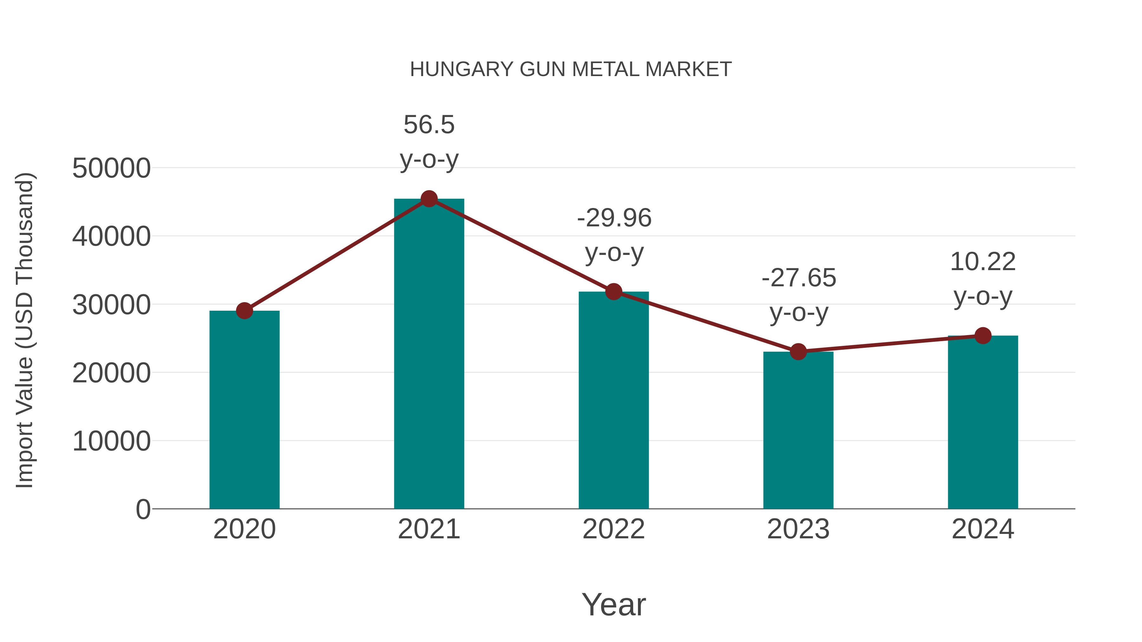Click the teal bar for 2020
tap(244, 410)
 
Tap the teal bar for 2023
tap(798, 430)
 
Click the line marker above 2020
tap(244, 311)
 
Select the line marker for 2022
tap(614, 292)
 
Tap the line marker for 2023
tap(798, 352)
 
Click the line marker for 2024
tap(983, 336)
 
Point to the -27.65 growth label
tap(798, 278)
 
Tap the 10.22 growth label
tap(983, 262)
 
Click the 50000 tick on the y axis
tap(111, 168)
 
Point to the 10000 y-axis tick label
tap(111, 441)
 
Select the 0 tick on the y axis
tap(143, 509)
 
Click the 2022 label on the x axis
tap(614, 529)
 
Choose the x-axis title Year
tap(614, 604)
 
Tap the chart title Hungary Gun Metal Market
tap(571, 69)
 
